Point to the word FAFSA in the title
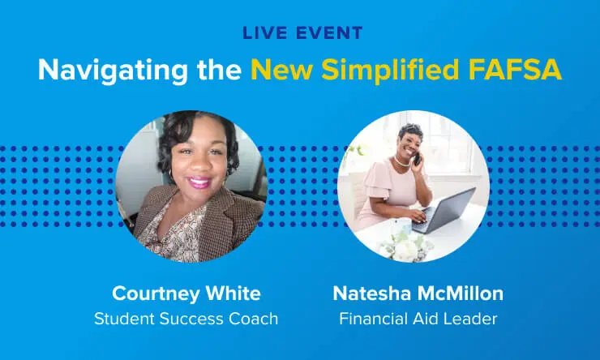[x=519, y=70]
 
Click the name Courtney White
[x=186, y=293]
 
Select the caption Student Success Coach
[x=186, y=319]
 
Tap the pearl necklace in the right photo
[x=403, y=161]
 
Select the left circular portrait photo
[x=191, y=186]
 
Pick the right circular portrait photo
[x=413, y=186]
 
